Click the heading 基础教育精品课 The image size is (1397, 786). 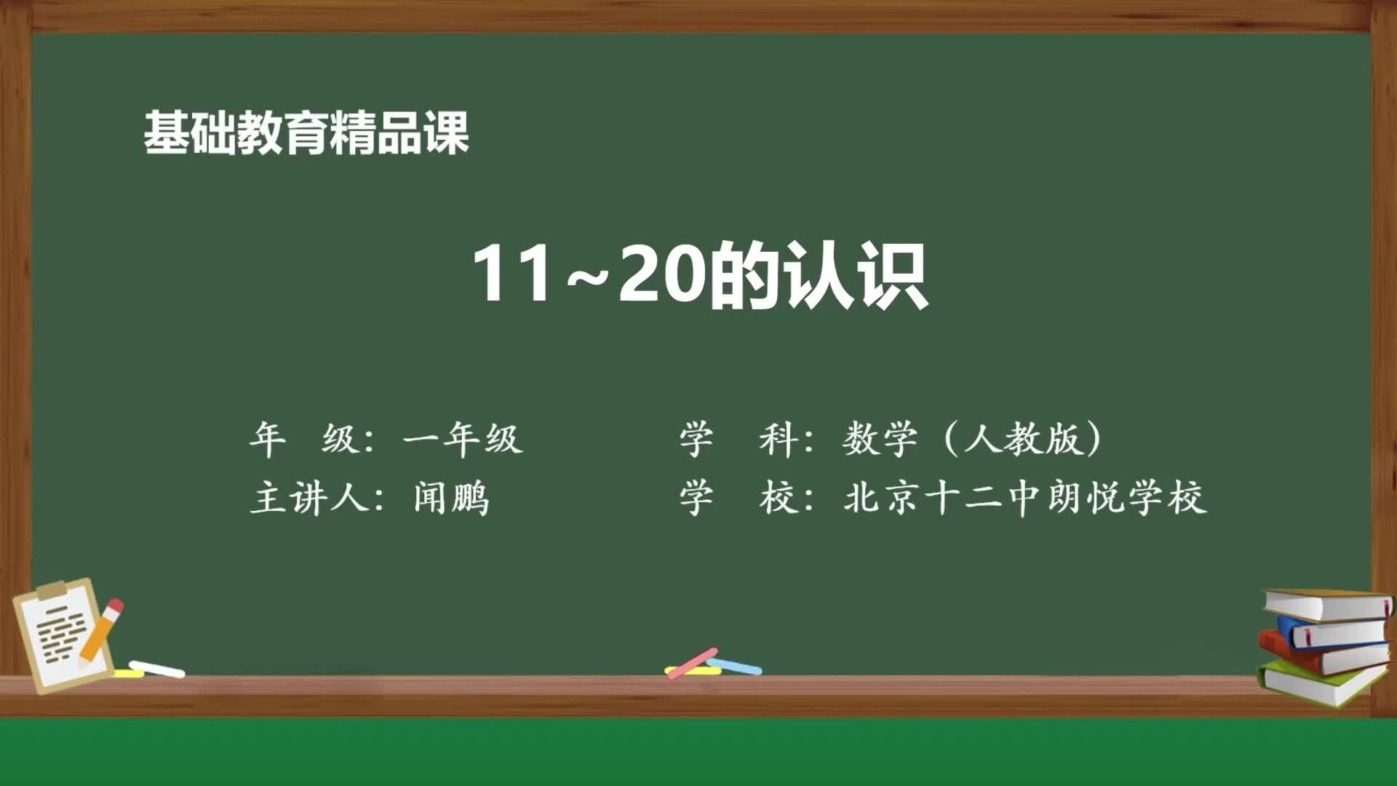pos(306,133)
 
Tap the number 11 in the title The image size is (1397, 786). pos(512,274)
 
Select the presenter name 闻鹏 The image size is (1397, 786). pos(451,499)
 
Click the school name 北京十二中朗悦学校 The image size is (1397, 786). pos(1024,499)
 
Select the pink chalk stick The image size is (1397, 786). pos(692,662)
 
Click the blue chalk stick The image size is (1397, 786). pos(735,665)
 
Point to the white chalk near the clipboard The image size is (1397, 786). pos(157,669)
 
